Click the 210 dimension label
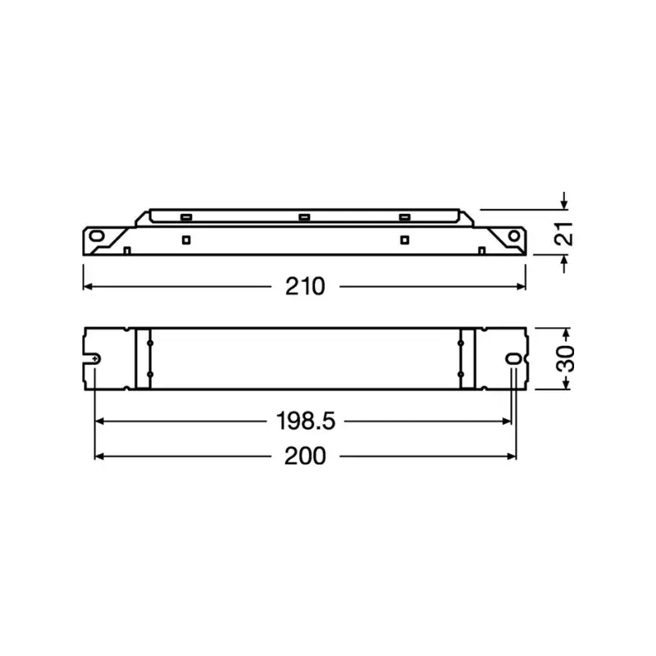pyautogui.click(x=305, y=286)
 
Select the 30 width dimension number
pyautogui.click(x=563, y=358)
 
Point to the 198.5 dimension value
pyautogui.click(x=304, y=421)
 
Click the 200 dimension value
pyautogui.click(x=305, y=456)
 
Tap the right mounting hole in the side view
pyautogui.click(x=513, y=236)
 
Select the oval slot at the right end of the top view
pyautogui.click(x=514, y=359)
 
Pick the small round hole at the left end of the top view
pyautogui.click(x=96, y=359)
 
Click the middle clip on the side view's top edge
pyautogui.click(x=303, y=217)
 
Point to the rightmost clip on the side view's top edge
pyautogui.click(x=403, y=217)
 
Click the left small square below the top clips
pyautogui.click(x=186, y=239)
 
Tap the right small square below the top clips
pyautogui.click(x=403, y=239)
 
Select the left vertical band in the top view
pyautogui.click(x=143, y=358)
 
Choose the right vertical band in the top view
pyautogui.click(x=467, y=358)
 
